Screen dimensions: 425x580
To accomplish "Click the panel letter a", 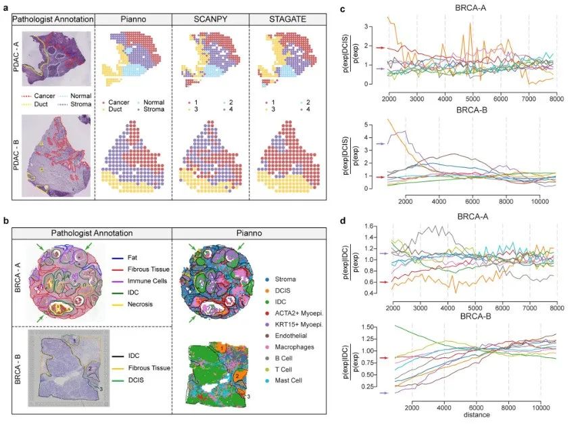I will coord(5,6).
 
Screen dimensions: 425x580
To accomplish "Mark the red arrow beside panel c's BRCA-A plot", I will coord(381,48).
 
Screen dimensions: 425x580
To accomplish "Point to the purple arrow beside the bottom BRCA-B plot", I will coord(381,393).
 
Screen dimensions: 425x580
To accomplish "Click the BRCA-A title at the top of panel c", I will coord(473,9).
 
